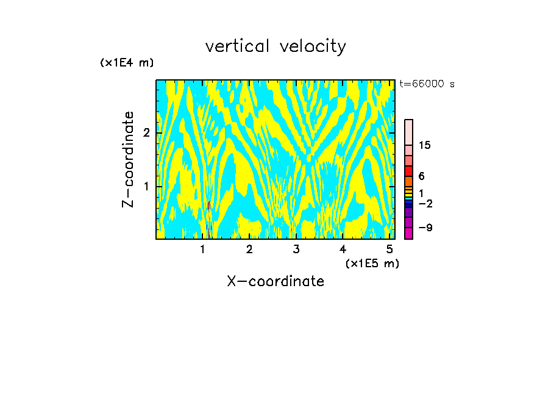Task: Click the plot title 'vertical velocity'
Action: point(275,46)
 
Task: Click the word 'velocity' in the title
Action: point(310,46)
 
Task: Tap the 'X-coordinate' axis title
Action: point(275,281)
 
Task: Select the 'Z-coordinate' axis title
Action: point(128,159)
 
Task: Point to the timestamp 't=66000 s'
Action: point(427,84)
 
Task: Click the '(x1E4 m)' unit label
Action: point(127,63)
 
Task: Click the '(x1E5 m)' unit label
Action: point(372,263)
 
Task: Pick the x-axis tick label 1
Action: point(202,250)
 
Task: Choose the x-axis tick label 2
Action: point(249,250)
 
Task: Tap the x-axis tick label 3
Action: point(296,250)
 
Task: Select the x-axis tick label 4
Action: point(343,250)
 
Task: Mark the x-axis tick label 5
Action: point(389,250)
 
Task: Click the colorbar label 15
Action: point(425,145)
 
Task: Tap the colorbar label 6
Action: point(421,176)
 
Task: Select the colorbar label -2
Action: point(425,204)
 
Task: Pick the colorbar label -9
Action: point(425,228)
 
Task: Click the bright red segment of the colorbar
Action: point(409,171)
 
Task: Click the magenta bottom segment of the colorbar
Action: point(409,233)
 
